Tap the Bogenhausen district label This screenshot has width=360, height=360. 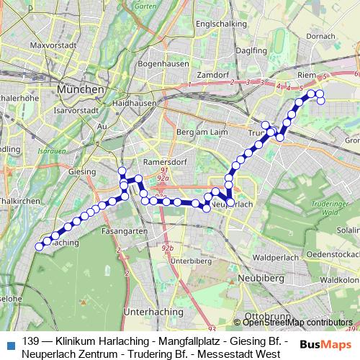pos(163,63)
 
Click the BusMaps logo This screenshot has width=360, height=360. pos(325,344)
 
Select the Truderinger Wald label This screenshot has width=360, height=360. pos(324,208)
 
